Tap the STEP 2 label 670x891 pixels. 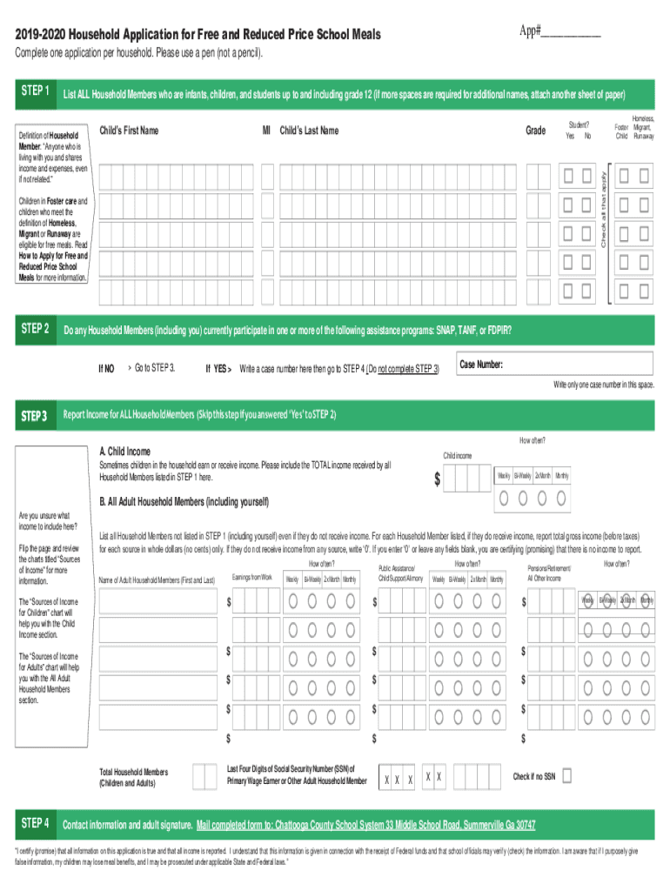35,329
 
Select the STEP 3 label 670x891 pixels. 35,415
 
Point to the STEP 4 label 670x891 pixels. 35,823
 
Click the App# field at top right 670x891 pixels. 571,32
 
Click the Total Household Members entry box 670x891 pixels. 204,776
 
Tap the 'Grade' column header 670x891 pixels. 536,131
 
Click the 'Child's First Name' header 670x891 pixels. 130,131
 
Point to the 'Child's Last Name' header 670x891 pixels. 309,131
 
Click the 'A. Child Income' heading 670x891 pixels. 124,452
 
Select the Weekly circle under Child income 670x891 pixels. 505,499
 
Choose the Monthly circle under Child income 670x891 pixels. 562,499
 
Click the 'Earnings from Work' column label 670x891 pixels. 252,578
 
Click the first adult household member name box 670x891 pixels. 158,601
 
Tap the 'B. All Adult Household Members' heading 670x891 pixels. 184,502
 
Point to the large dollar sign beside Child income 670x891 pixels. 438,479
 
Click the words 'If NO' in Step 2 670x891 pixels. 106,367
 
